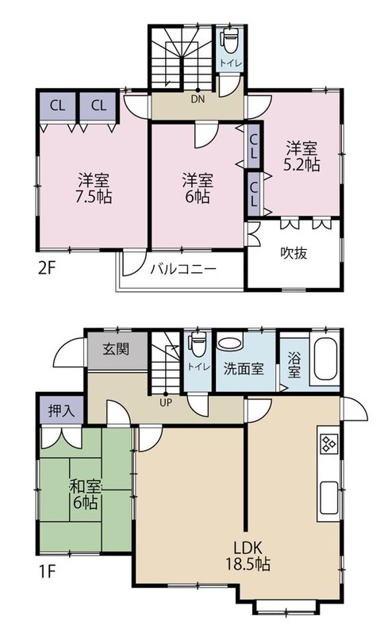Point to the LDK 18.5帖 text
pyautogui.click(x=252, y=555)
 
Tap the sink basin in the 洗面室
pyautogui.click(x=231, y=345)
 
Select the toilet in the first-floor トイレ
pyautogui.click(x=198, y=345)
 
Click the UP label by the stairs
pyautogui.click(x=166, y=401)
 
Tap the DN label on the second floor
pyautogui.click(x=197, y=99)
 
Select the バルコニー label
pyautogui.click(x=183, y=270)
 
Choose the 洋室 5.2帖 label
pyautogui.click(x=302, y=156)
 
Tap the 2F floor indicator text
pyautogui.click(x=47, y=267)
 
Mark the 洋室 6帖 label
pyautogui.click(x=195, y=187)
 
